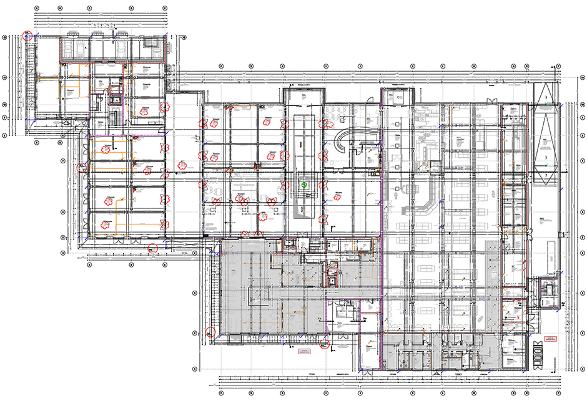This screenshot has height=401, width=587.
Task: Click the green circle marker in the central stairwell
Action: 305,185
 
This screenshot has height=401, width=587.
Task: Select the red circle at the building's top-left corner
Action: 27,36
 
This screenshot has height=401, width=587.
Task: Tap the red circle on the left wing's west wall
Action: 81,167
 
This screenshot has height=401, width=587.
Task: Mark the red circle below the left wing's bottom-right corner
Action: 152,249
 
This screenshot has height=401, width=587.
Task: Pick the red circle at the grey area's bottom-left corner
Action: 210,332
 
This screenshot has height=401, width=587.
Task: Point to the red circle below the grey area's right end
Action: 325,342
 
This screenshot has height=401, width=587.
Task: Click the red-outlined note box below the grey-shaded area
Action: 305,352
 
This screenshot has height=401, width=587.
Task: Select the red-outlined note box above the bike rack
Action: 550,339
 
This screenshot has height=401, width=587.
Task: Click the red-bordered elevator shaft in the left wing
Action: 116,99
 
